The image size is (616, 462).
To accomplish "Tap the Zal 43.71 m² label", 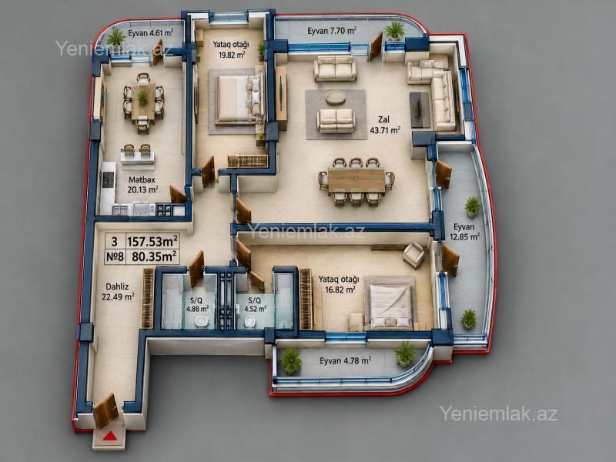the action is (385, 125).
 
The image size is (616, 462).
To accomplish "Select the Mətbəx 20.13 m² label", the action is (142, 185).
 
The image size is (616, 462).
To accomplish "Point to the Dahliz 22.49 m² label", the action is (118, 292).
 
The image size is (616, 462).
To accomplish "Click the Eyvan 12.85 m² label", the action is (464, 232).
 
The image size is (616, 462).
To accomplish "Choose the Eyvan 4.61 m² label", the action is (150, 33).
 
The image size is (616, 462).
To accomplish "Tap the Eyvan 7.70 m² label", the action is (332, 31).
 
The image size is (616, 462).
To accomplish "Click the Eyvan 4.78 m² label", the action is (345, 360).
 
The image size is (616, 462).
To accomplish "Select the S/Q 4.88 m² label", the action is (197, 304).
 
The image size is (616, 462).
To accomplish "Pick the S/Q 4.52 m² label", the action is (255, 304).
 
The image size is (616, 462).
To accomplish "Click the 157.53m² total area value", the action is (152, 240).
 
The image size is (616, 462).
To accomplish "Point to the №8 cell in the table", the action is (115, 257).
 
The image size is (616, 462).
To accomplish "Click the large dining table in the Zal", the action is (357, 181).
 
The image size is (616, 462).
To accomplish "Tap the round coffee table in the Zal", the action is (336, 97).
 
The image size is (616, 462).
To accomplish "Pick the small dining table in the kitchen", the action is (143, 102).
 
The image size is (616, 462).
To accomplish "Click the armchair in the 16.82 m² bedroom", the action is (414, 255).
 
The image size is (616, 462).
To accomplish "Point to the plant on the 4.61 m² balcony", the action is (116, 37).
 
